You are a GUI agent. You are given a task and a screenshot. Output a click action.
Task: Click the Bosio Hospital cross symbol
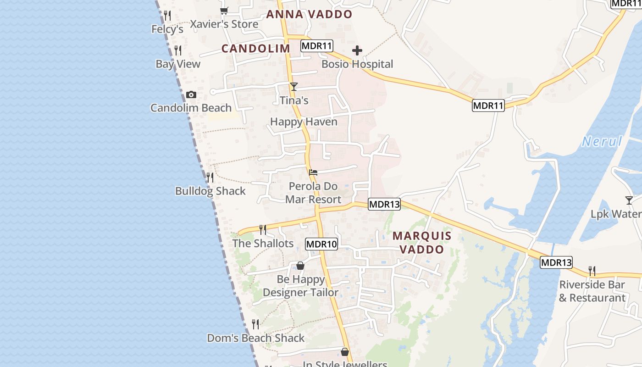tap(357, 50)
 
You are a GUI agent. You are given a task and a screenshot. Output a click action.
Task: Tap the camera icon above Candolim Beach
tap(191, 95)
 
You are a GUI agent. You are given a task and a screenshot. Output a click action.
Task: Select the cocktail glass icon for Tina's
tap(294, 86)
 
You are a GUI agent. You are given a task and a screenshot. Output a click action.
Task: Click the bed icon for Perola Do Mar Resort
tap(313, 172)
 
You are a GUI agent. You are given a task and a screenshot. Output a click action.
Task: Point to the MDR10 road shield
tap(321, 244)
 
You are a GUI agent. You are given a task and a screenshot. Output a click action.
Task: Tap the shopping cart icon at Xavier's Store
tap(224, 11)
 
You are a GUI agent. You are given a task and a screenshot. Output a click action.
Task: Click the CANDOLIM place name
tap(256, 48)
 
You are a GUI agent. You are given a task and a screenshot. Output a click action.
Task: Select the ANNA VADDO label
tap(309, 14)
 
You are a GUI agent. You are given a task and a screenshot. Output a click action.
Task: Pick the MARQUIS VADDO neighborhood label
tap(422, 243)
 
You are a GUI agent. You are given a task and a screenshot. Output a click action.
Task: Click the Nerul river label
tap(602, 141)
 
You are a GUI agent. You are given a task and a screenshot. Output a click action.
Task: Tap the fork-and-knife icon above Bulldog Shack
tap(210, 177)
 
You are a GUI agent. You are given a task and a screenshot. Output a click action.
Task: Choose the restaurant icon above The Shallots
tap(263, 229)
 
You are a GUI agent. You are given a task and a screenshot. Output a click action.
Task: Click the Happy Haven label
tap(304, 122)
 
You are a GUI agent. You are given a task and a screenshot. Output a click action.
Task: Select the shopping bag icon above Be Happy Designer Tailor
tap(300, 266)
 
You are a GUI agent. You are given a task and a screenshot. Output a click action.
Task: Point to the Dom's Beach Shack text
tap(256, 338)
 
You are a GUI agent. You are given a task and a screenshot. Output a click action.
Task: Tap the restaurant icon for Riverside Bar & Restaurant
tap(592, 271)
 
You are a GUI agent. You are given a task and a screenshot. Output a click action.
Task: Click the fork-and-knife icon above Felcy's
tap(167, 16)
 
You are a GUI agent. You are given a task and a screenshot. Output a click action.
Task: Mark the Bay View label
tap(178, 64)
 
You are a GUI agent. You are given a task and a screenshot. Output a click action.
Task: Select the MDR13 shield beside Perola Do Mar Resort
tap(384, 204)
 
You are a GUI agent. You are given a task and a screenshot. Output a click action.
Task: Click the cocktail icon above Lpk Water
tap(629, 200)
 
